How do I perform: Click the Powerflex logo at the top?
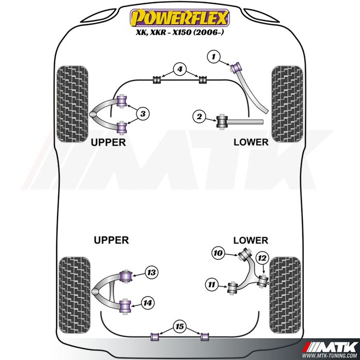pyautogui.click(x=179, y=19)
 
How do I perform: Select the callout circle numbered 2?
pyautogui.click(x=199, y=117)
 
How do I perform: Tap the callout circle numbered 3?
pyautogui.click(x=143, y=113)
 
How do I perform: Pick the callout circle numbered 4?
pyautogui.click(x=179, y=68)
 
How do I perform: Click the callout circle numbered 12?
pyautogui.click(x=262, y=257)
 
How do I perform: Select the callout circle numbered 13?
pyautogui.click(x=151, y=273)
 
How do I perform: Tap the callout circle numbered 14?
pyautogui.click(x=148, y=303)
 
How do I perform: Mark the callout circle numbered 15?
pyautogui.click(x=179, y=326)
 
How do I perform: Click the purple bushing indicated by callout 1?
pyautogui.click(x=238, y=67)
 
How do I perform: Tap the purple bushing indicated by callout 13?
pyautogui.click(x=125, y=275)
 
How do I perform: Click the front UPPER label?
pyautogui.click(x=108, y=142)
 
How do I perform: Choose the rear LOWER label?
pyautogui.click(x=250, y=240)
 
